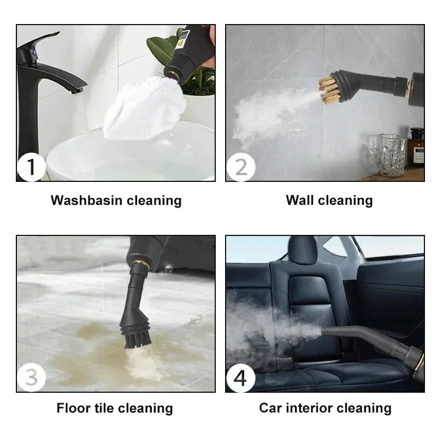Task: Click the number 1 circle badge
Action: (31, 167)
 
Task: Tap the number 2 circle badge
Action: (240, 167)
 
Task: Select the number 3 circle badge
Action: (31, 378)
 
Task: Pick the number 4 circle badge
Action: (240, 378)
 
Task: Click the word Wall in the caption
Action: (299, 200)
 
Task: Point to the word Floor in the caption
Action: (75, 408)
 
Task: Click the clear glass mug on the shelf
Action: (392, 155)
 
